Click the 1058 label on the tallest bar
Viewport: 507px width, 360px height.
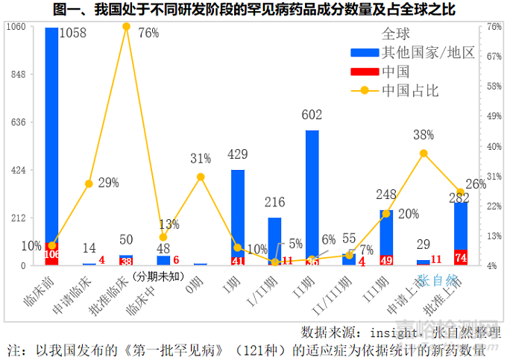[x=74, y=34]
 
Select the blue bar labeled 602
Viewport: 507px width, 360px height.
[x=312, y=194]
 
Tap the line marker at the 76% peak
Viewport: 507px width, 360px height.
[x=126, y=27]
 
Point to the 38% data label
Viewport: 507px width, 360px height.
[x=423, y=135]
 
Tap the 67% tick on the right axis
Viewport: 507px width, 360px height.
[x=494, y=57]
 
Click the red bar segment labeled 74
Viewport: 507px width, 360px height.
[x=461, y=257]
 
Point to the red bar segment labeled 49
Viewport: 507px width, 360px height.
[x=386, y=260]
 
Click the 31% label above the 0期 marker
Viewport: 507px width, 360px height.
[x=201, y=159]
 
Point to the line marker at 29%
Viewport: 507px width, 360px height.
[x=89, y=183]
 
